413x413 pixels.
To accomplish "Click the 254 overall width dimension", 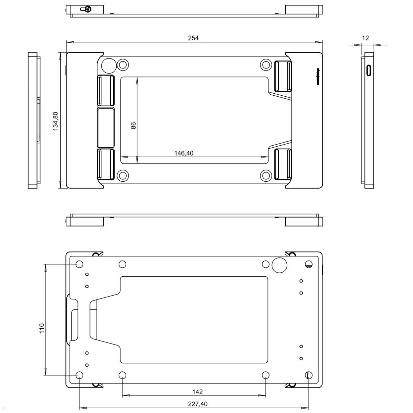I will click(193, 38).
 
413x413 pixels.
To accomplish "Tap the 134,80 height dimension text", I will click(55, 121).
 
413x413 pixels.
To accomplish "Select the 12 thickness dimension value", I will click(366, 38).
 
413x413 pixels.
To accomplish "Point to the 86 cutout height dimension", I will click(134, 125).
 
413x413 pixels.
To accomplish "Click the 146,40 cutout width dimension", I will click(184, 153).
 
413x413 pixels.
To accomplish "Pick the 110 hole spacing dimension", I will click(42, 328).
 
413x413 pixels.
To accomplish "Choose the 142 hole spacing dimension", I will click(198, 392).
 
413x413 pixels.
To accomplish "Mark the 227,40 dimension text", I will click(198, 404).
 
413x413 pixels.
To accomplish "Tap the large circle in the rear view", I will click(279, 265).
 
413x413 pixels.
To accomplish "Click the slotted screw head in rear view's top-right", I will click(309, 264).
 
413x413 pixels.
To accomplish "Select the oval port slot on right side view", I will click(369, 71).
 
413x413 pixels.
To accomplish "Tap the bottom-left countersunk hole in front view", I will click(123, 176).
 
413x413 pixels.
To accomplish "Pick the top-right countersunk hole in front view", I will click(266, 64).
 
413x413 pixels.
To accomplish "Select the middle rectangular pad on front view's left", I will click(106, 127).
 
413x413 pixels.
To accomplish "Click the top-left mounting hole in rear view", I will click(80, 264).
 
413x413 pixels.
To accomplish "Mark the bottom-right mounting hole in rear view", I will click(309, 375).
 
